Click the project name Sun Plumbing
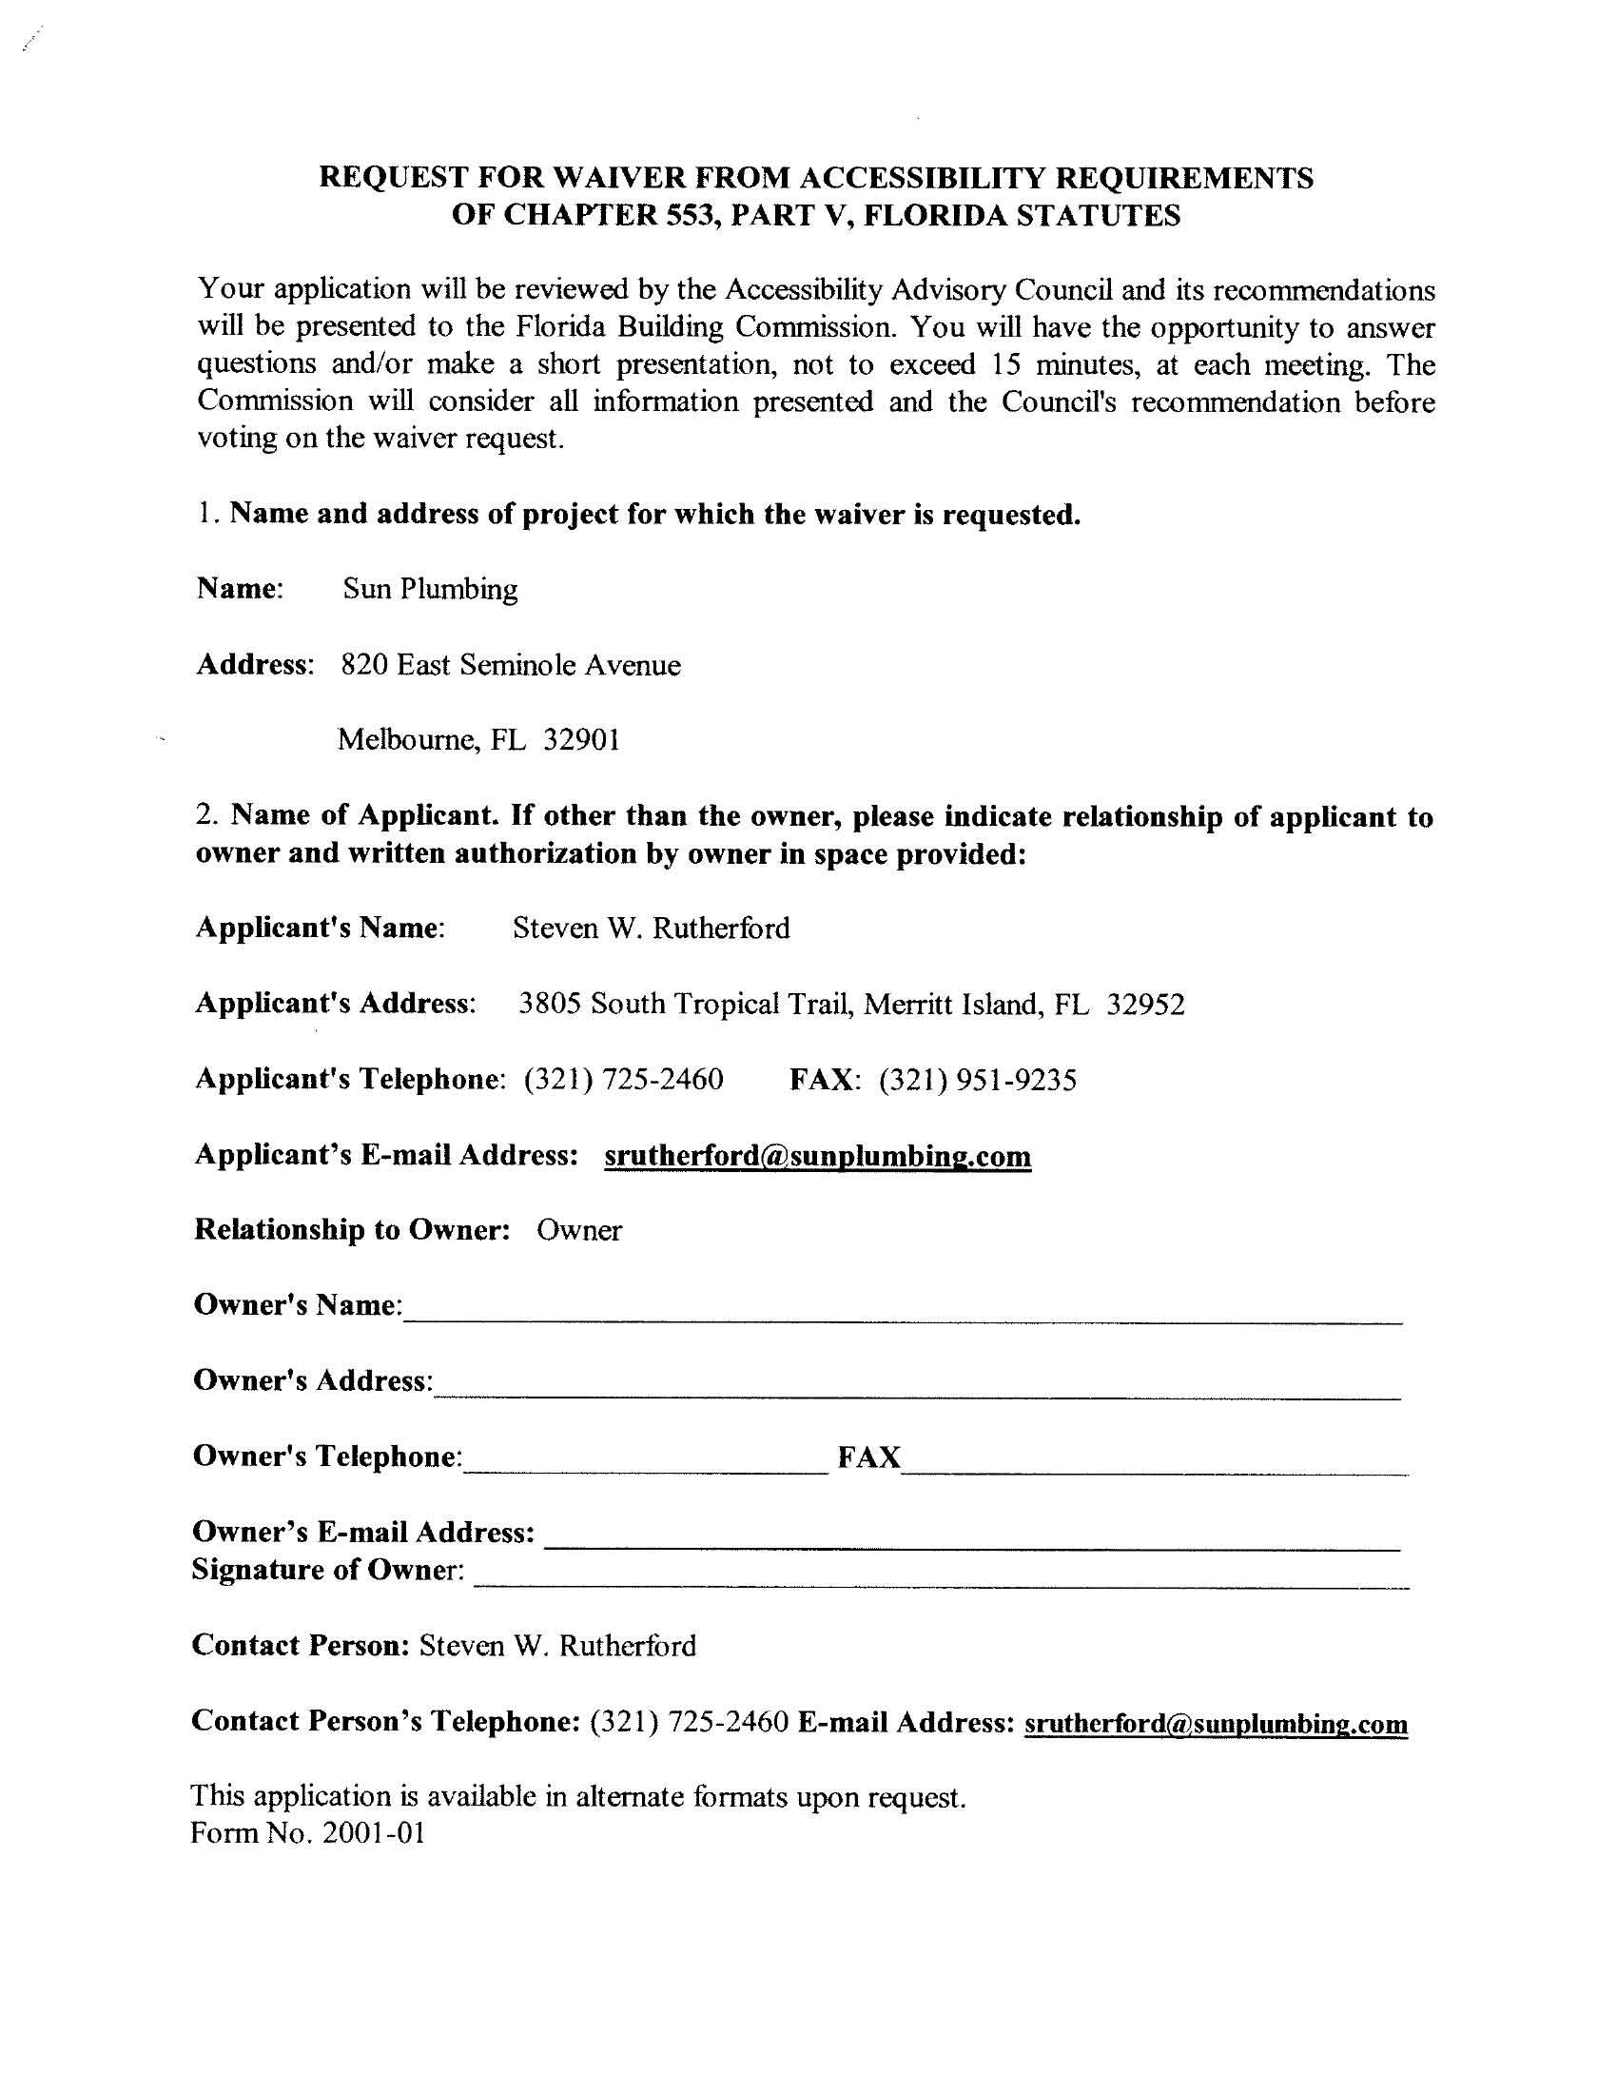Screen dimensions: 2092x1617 coord(430,588)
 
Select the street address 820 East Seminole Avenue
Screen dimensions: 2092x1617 coord(511,665)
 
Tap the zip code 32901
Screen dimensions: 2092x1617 coord(581,739)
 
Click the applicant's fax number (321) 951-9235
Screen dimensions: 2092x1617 coord(978,1080)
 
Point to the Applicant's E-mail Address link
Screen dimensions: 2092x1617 coord(817,1156)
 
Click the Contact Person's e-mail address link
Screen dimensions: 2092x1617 coord(1216,1724)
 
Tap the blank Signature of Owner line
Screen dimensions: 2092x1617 coord(941,1574)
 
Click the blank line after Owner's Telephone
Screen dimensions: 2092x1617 coord(645,1461)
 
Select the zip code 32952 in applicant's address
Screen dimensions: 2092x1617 coord(1146,1004)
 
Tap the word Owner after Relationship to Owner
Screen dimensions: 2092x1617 coord(578,1231)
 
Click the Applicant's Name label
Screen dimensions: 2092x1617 coord(320,928)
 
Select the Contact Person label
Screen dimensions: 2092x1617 coord(301,1646)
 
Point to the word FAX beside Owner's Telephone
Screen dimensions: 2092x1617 coord(868,1457)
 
